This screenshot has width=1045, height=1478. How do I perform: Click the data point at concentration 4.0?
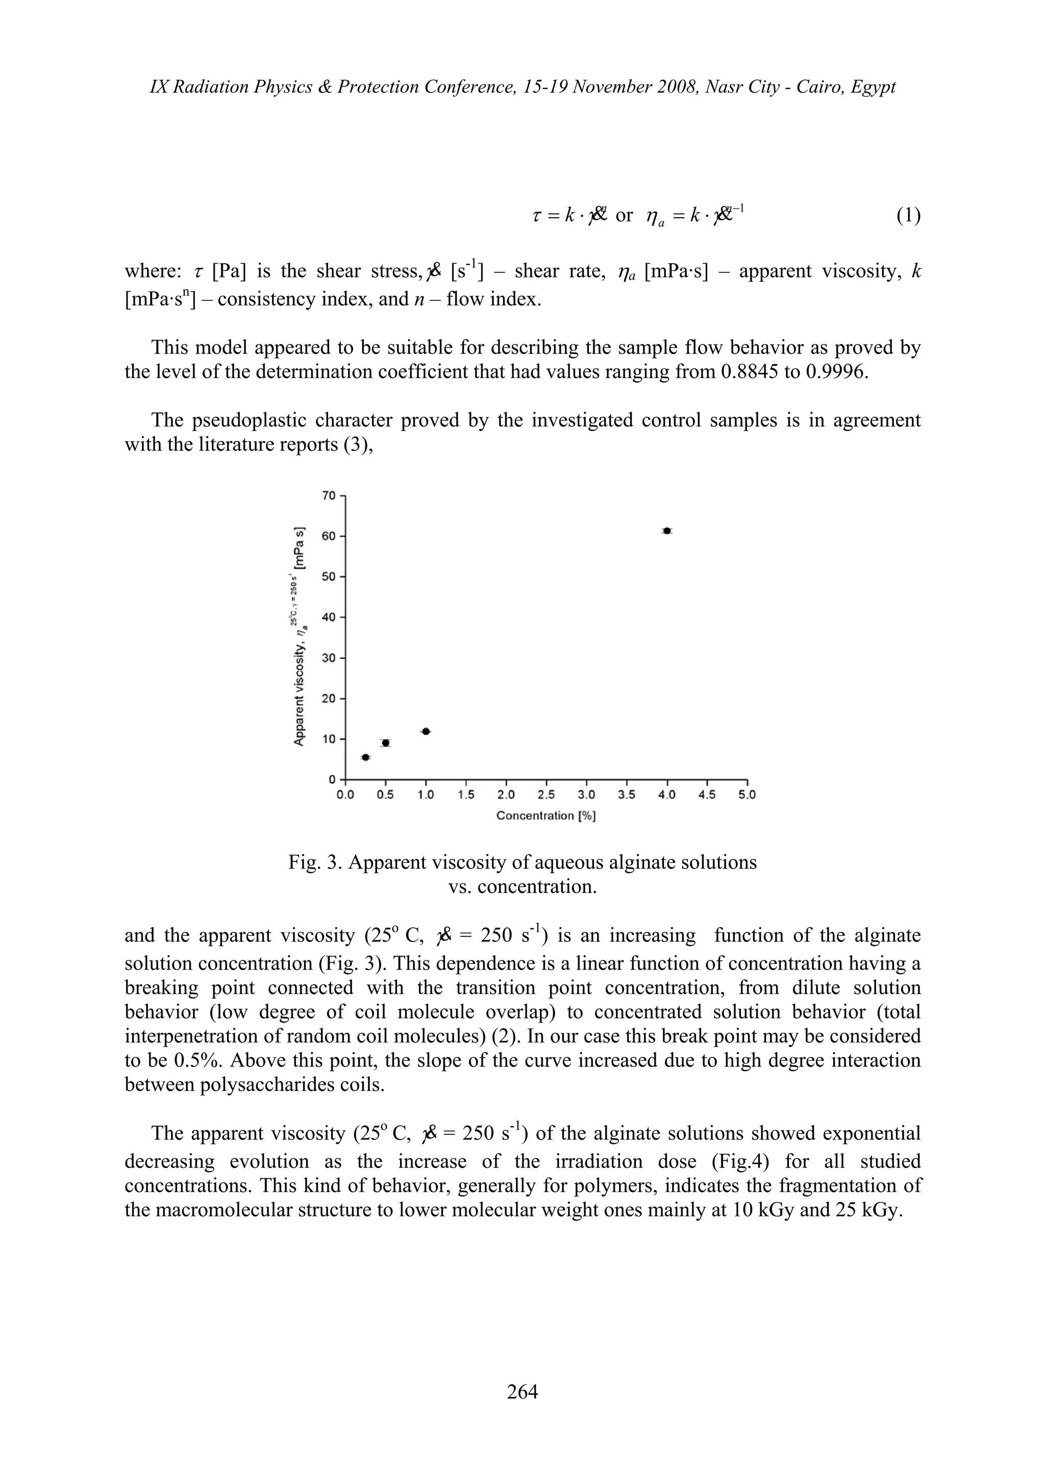pyautogui.click(x=667, y=530)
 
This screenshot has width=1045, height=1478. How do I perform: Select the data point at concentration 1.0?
pyautogui.click(x=426, y=731)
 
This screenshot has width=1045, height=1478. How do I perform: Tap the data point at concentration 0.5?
pyautogui.click(x=386, y=743)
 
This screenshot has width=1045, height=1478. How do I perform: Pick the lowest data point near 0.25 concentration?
pyautogui.click(x=366, y=757)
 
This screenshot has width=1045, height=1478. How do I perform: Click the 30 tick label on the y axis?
pyautogui.click(x=329, y=658)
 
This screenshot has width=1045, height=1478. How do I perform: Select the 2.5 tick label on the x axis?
pyautogui.click(x=546, y=795)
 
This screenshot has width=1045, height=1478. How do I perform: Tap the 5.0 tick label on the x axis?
pyautogui.click(x=747, y=795)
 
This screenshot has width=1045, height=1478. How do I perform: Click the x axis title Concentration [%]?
pyautogui.click(x=546, y=816)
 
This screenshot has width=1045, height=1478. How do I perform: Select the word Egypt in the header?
pyautogui.click(x=873, y=86)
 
